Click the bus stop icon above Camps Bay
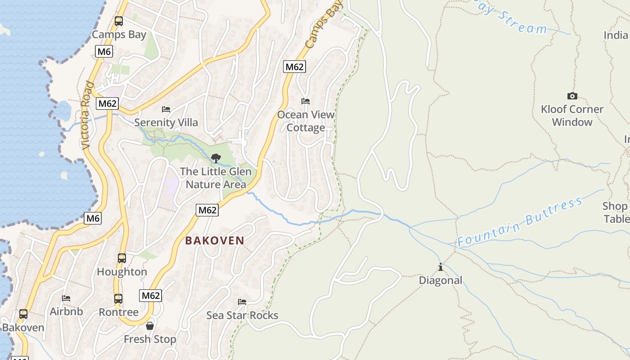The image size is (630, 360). click(119, 21)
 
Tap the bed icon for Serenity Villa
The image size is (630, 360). click(166, 109)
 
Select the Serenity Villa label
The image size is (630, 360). click(166, 122)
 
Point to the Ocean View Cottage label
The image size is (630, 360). click(306, 121)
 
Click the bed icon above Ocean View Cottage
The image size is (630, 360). click(306, 101)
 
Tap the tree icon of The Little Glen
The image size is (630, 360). click(216, 158)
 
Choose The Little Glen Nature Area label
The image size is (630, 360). click(216, 178)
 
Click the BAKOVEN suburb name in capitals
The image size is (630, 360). click(215, 241)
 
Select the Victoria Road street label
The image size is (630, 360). click(87, 115)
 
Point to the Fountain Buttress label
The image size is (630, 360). click(520, 222)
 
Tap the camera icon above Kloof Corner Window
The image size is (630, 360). click(572, 96)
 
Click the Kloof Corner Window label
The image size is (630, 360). click(572, 116)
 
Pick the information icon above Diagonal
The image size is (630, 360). click(441, 267)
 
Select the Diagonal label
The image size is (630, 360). click(441, 280)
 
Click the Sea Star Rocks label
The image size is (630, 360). click(242, 315)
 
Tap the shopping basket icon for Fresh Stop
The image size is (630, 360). click(150, 326)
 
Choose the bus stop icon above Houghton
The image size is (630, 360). click(122, 258)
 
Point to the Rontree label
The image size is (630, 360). click(118, 312)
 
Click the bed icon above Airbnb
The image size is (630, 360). click(66, 298)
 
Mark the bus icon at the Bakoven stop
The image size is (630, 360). click(23, 314)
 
